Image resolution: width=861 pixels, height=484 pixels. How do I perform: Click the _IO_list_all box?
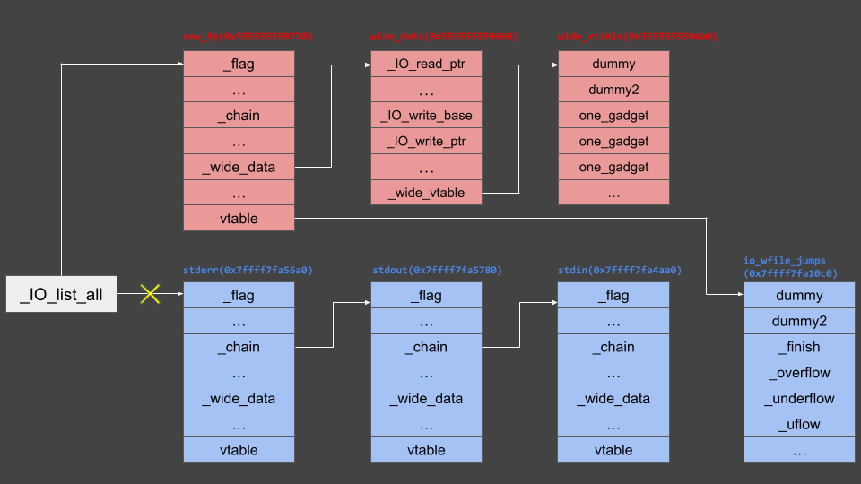click(61, 294)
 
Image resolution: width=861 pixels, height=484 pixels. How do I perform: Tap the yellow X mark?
click(150, 294)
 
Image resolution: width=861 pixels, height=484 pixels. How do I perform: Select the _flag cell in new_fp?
click(239, 64)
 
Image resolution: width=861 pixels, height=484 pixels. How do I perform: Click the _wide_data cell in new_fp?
click(239, 167)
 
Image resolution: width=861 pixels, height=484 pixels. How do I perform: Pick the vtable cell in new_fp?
click(239, 218)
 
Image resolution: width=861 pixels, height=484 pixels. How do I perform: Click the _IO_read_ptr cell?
click(426, 64)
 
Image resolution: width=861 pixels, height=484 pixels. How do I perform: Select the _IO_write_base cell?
click(426, 116)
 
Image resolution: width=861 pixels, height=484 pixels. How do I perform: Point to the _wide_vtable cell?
click(426, 192)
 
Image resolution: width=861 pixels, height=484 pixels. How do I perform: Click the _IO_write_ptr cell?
click(426, 141)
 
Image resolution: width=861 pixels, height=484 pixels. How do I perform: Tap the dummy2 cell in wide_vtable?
click(613, 90)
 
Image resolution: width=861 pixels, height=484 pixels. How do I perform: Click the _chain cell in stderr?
click(239, 347)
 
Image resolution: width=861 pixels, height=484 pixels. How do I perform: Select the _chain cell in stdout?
click(426, 347)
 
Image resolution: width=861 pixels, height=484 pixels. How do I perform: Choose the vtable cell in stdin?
click(613, 450)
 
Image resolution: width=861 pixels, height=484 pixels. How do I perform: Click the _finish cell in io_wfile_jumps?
click(799, 347)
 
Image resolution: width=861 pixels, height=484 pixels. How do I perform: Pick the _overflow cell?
click(799, 373)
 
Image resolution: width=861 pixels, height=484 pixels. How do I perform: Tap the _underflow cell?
click(799, 399)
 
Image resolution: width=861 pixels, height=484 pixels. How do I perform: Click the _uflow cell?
click(799, 424)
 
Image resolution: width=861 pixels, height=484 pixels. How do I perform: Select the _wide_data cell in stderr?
click(239, 399)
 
